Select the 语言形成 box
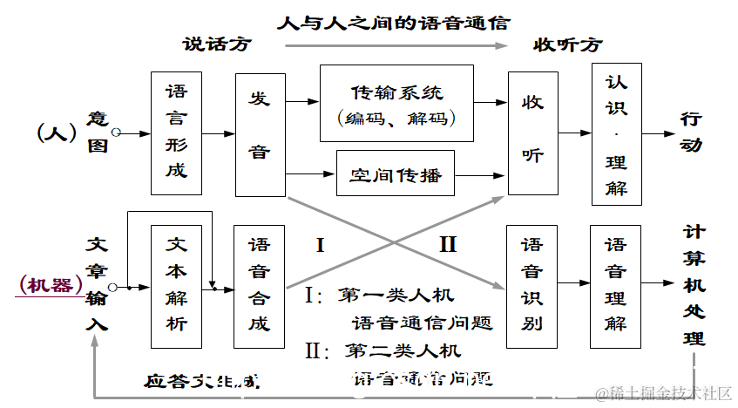pyautogui.click(x=176, y=133)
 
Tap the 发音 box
pyautogui.click(x=260, y=133)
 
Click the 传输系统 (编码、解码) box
pyautogui.click(x=396, y=103)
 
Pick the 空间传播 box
pyautogui.click(x=396, y=176)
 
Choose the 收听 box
pyautogui.click(x=532, y=133)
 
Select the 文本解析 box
pyautogui.click(x=176, y=286)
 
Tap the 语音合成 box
pyautogui.click(x=259, y=286)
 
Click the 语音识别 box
pyautogui.click(x=531, y=286)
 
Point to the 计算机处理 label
pyautogui.click(x=694, y=284)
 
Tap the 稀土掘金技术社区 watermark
pyautogui.click(x=663, y=394)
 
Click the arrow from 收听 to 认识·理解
pyautogui.click(x=574, y=133)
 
